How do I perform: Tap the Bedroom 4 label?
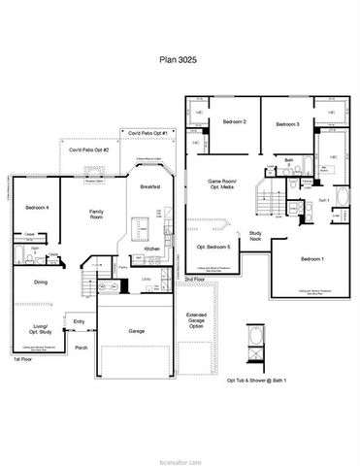coord(38,208)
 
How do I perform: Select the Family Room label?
coord(98,215)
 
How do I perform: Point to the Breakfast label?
coord(149,187)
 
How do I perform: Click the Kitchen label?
coord(152,250)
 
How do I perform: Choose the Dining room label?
coord(41,283)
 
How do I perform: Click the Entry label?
coord(79,321)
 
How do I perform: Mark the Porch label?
coord(82,347)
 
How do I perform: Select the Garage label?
coord(137,330)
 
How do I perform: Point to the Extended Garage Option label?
coord(196,320)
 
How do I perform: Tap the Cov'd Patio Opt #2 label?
coord(88,150)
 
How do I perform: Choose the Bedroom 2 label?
coord(234,122)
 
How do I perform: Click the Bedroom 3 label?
coord(286,124)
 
